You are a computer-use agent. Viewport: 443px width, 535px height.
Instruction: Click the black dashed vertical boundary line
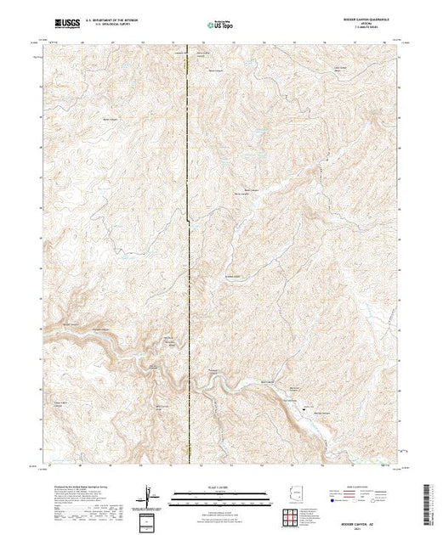(x=188, y=255)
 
